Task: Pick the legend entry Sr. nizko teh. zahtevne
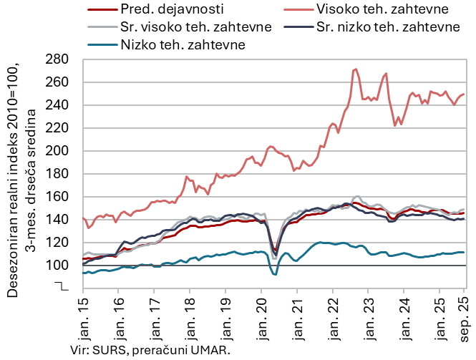387,27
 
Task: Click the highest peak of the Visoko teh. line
356,69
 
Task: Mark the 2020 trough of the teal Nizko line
274,273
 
